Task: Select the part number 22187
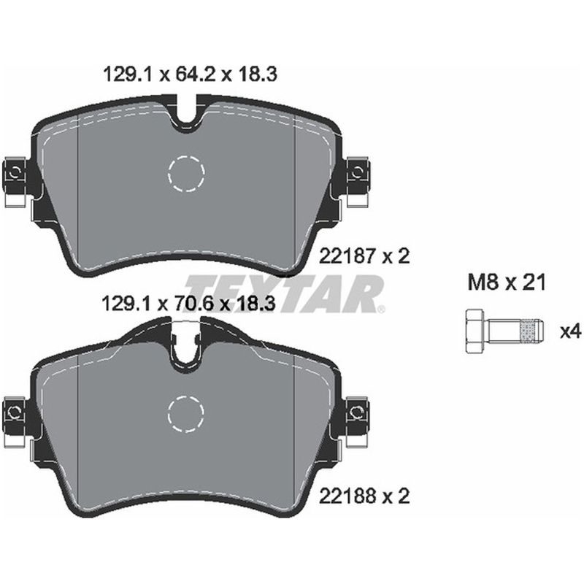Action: point(347,255)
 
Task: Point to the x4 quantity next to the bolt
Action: point(569,331)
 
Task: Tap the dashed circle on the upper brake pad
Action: point(186,173)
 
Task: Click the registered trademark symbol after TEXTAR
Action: point(380,310)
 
